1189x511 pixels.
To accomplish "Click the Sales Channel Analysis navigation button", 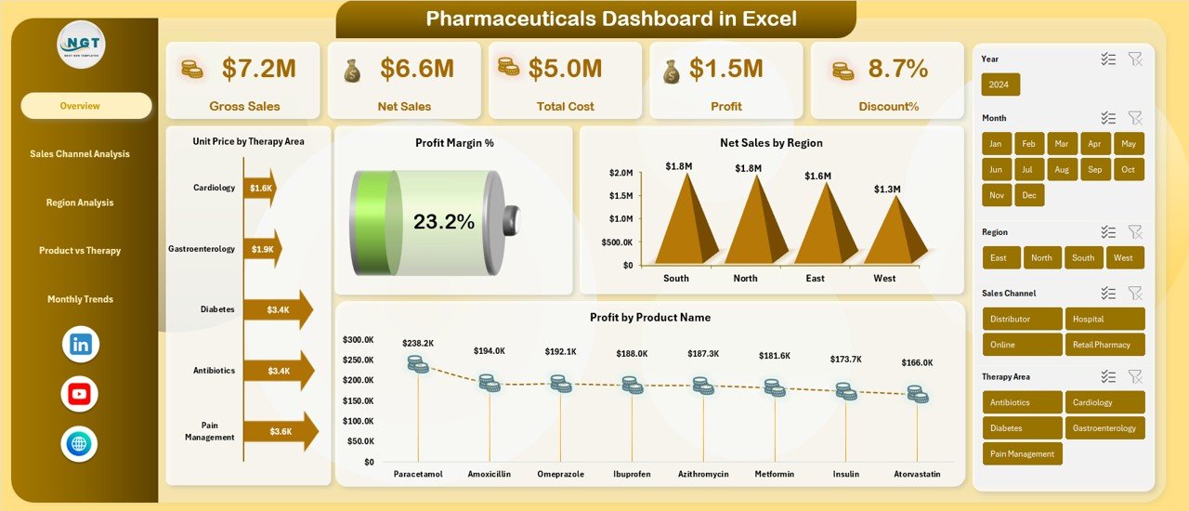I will click(x=80, y=154).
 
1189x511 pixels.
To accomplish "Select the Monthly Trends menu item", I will click(x=80, y=299).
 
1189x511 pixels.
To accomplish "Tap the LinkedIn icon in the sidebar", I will click(x=80, y=345).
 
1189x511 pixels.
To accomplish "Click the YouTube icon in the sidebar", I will click(x=80, y=395).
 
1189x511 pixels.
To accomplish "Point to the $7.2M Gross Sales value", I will click(x=259, y=68).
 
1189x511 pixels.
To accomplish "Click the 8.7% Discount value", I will click(x=897, y=68).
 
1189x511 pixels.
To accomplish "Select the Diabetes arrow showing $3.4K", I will click(x=278, y=309).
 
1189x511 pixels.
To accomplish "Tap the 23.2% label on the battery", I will click(x=443, y=222).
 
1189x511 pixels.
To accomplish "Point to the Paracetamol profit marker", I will click(x=418, y=364).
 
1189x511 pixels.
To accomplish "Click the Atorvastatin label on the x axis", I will click(x=917, y=474).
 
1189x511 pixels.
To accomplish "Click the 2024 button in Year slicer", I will click(x=1000, y=85).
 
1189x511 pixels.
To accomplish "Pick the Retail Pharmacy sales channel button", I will click(x=1104, y=345).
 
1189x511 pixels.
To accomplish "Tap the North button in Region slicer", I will click(x=1041, y=257).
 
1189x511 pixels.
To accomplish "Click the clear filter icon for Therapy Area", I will click(x=1134, y=376).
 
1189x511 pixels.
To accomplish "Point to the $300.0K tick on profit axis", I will click(x=359, y=340).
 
